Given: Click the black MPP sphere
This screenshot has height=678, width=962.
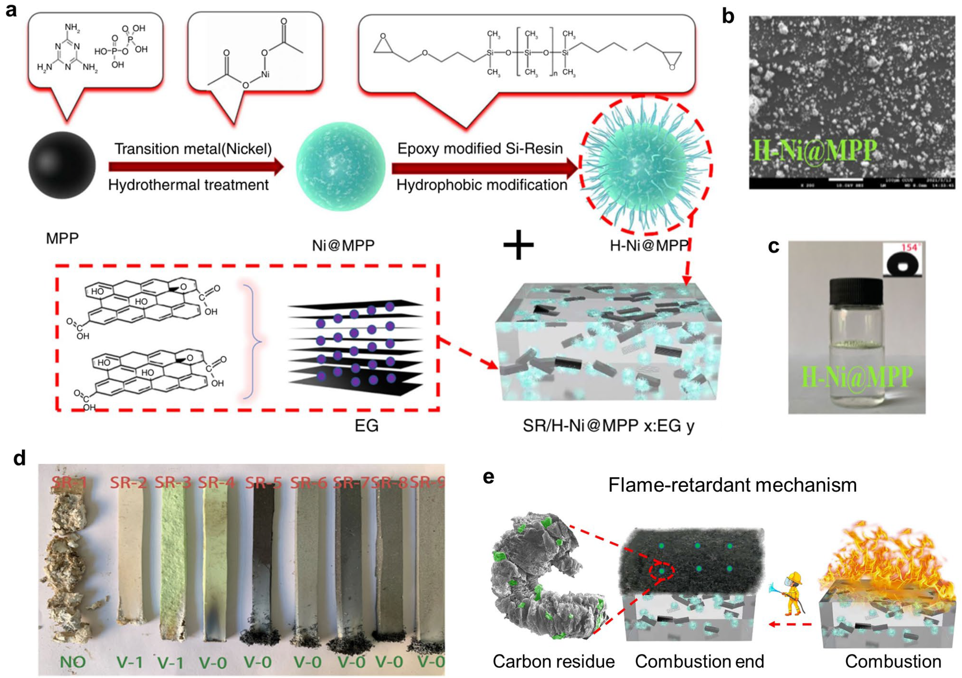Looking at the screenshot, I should (62, 165).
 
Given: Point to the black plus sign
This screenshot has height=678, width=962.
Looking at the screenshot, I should (518, 244).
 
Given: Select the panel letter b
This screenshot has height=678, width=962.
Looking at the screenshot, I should (728, 17).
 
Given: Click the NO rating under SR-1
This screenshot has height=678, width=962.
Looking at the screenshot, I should (73, 662).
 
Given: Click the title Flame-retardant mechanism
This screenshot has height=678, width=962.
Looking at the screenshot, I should (732, 485).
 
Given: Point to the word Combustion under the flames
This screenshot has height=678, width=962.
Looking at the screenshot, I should (893, 661).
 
